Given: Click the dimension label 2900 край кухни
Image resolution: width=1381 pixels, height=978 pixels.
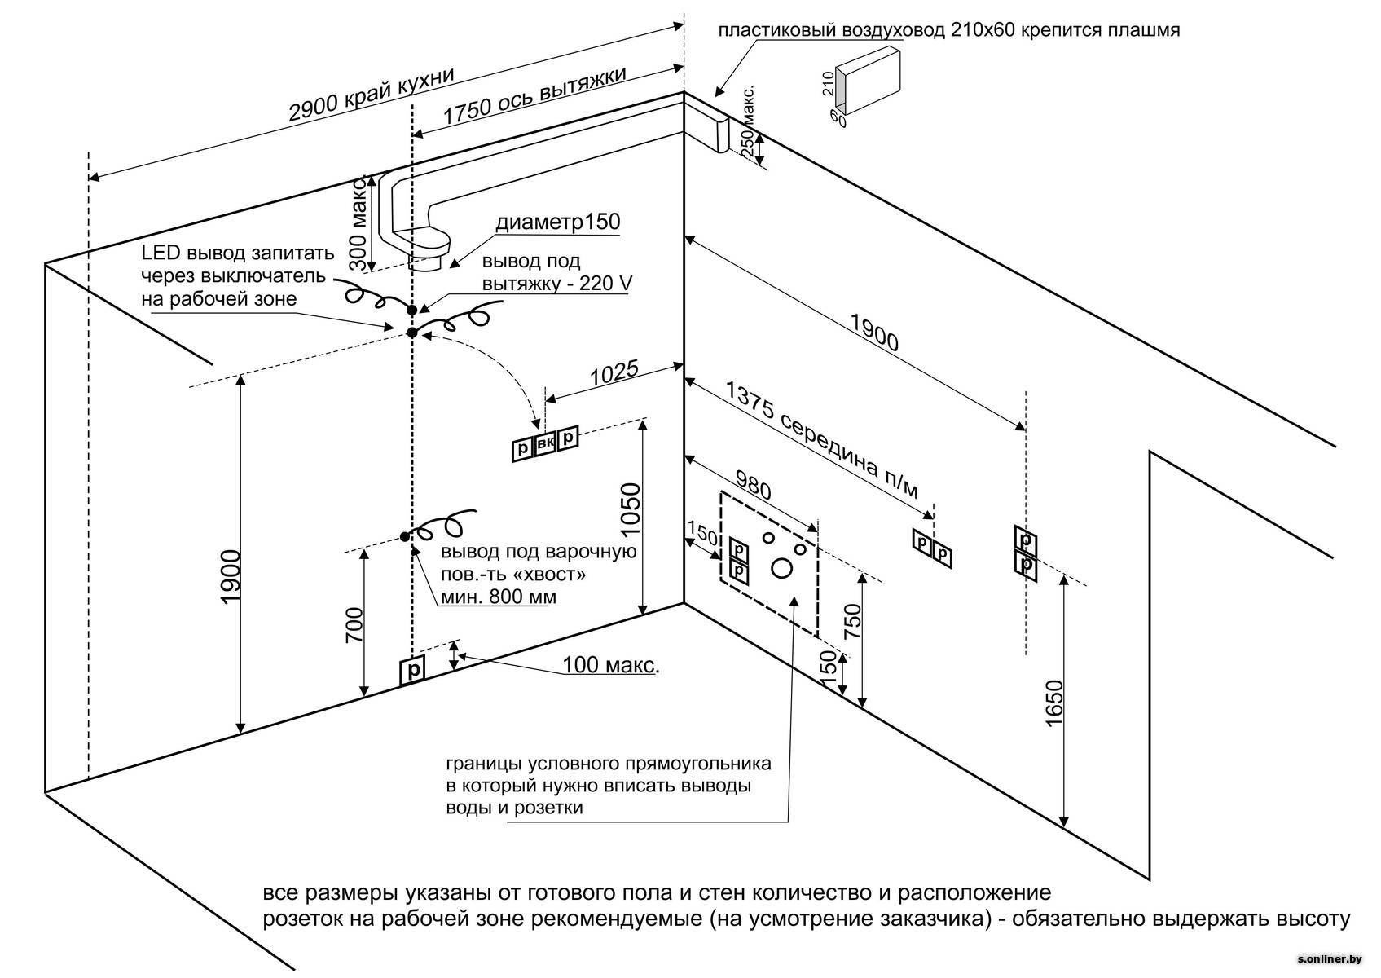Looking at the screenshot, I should click(x=371, y=95).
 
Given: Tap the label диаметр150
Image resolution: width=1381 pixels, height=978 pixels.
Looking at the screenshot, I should click(x=558, y=222).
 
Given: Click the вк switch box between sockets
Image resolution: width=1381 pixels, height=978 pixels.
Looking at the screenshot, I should click(x=545, y=443).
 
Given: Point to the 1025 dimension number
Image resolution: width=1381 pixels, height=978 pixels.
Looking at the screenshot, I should click(x=614, y=374).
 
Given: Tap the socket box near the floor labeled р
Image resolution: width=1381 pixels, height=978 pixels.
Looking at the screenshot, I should click(x=413, y=671).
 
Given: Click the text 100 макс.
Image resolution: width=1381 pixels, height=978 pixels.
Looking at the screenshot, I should click(x=610, y=666).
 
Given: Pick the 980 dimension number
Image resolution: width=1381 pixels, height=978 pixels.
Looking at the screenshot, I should click(x=752, y=484).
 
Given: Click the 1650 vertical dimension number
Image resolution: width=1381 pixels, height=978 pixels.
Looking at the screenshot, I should click(x=1053, y=703).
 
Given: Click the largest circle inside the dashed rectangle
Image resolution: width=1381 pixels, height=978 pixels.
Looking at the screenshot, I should click(x=781, y=568).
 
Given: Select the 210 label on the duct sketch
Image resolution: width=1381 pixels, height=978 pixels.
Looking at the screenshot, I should click(x=828, y=82).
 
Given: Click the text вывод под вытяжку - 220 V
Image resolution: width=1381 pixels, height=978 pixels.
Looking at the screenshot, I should click(x=556, y=272).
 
